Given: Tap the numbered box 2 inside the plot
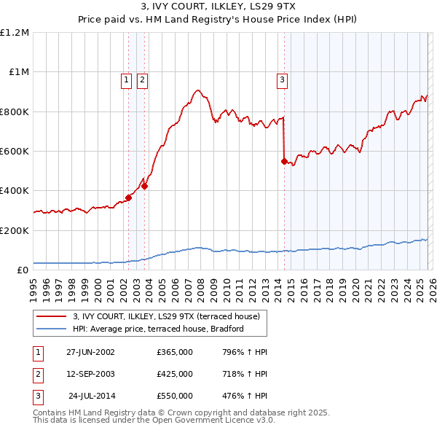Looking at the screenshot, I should coord(142,80).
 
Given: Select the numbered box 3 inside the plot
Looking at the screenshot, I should coord(282,80).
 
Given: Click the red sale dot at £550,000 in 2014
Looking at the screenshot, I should coord(284,161).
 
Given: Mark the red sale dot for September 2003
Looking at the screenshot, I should coord(144,186).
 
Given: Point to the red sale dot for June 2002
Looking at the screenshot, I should coord(129,198).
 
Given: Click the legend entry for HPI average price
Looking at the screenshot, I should coord(157,329).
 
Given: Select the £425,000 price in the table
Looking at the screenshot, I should coord(175,374).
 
